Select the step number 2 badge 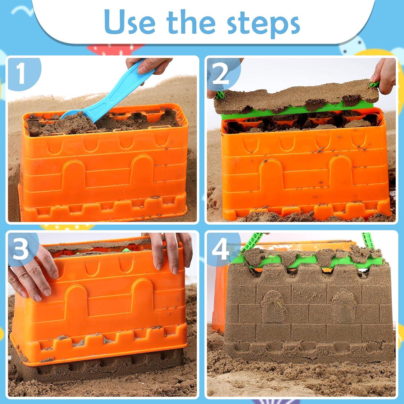coord(221,74)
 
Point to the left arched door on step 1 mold coord(74,175)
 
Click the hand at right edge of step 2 coord(385,74)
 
